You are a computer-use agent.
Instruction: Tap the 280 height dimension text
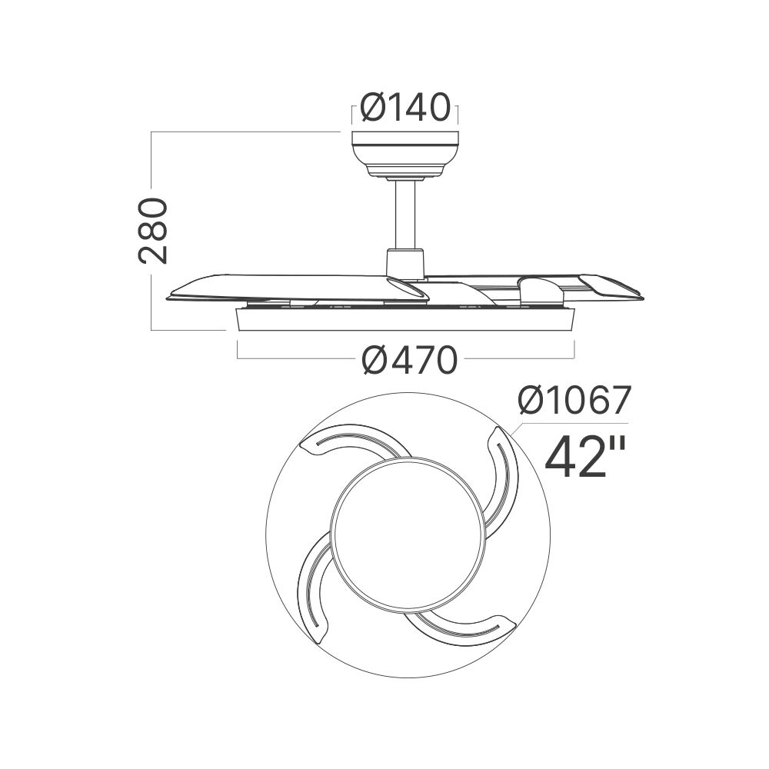pos(153,231)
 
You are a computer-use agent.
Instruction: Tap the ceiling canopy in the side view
pos(405,154)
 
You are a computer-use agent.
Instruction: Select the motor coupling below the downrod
pos(405,263)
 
